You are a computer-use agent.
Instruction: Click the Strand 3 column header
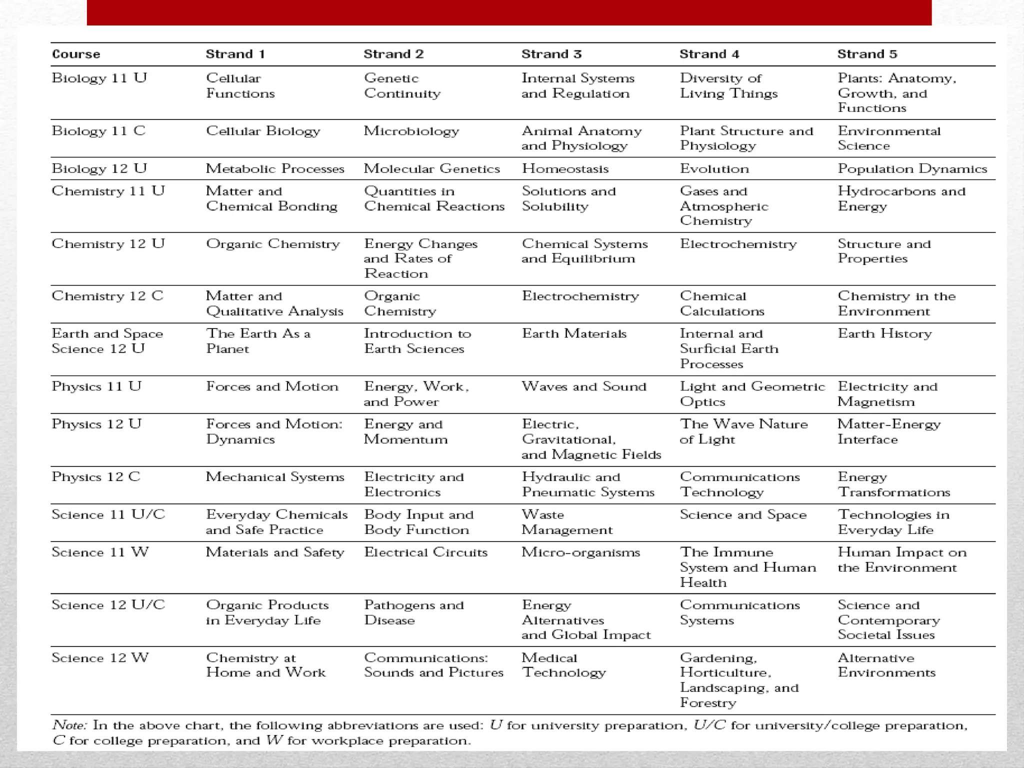click(551, 54)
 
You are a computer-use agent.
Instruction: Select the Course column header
click(76, 54)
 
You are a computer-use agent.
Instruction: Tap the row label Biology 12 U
click(99, 168)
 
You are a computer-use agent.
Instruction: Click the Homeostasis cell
click(565, 168)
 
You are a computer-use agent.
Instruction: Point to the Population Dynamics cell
click(912, 168)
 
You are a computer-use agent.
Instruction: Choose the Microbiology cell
click(411, 131)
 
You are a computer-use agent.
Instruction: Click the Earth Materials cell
click(574, 333)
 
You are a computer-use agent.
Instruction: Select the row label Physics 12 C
click(96, 476)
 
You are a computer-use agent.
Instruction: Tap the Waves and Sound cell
click(584, 386)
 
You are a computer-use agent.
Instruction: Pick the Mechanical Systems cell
click(275, 477)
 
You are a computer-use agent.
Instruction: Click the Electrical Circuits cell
click(425, 552)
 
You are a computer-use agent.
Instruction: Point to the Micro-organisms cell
click(580, 552)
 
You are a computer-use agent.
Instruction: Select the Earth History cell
click(884, 333)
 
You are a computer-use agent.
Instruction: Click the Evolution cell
click(714, 168)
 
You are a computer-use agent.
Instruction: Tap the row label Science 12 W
click(100, 657)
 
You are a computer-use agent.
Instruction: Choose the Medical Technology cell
click(563, 665)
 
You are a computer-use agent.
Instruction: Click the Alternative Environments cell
click(886, 665)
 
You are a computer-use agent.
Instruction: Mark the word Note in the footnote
click(69, 725)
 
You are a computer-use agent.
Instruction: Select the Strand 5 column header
click(867, 54)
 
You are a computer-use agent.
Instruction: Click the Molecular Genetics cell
click(431, 168)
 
